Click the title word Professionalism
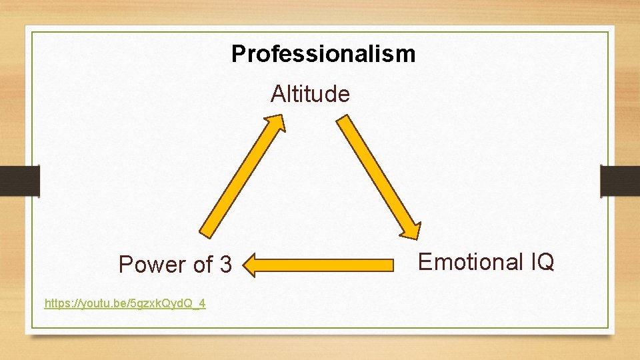[x=323, y=53]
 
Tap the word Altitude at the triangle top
[x=310, y=94]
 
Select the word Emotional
[x=470, y=262]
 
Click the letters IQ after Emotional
[x=542, y=262]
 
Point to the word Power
[x=151, y=265]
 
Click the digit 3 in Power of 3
[x=225, y=265]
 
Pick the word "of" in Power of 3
[x=201, y=265]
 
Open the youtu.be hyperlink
[x=125, y=304]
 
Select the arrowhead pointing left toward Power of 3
[x=250, y=265]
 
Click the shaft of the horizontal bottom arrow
[x=327, y=265]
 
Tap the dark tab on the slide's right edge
[x=619, y=181]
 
